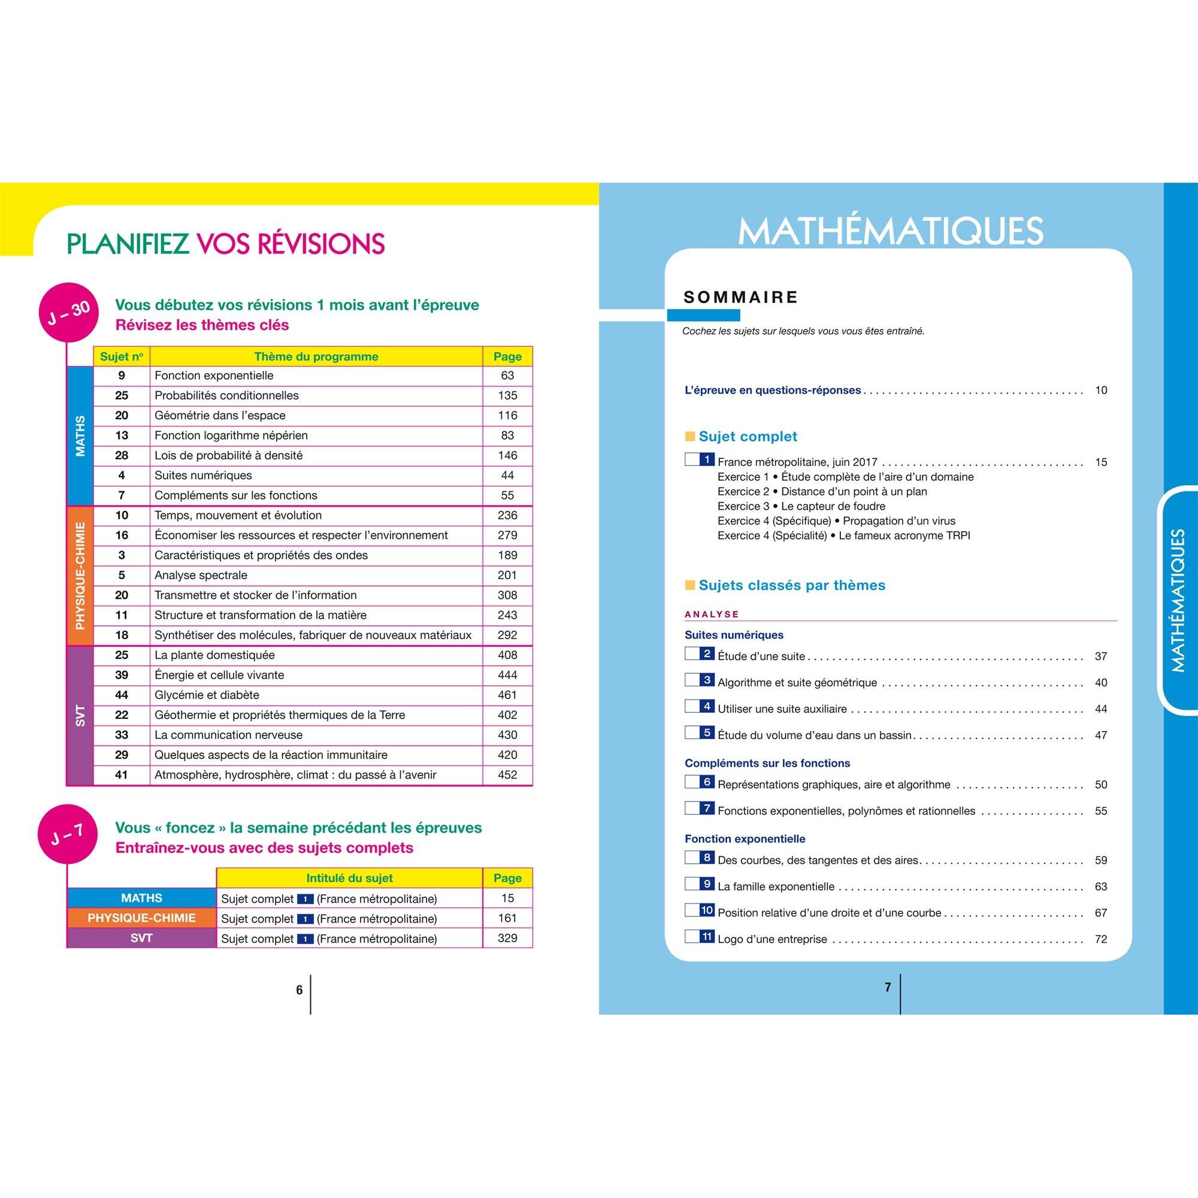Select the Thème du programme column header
[x=316, y=356]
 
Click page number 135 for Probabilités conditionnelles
[x=507, y=395]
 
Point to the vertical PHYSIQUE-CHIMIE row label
[x=80, y=576]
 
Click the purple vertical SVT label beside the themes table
[x=80, y=716]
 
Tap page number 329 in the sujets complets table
[x=507, y=937]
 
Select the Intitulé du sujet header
[x=349, y=878]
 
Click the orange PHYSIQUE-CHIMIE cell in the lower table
[x=141, y=918]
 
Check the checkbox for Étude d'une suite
[x=691, y=654]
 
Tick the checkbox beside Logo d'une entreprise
[x=691, y=936]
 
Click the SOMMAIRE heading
[x=740, y=297]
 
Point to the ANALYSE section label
[x=711, y=614]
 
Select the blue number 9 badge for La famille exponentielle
[x=707, y=884]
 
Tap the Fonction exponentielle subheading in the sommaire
[x=744, y=839]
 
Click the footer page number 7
[x=887, y=987]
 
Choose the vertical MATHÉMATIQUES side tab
[x=1178, y=600]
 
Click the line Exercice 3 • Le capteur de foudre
[x=801, y=506]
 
